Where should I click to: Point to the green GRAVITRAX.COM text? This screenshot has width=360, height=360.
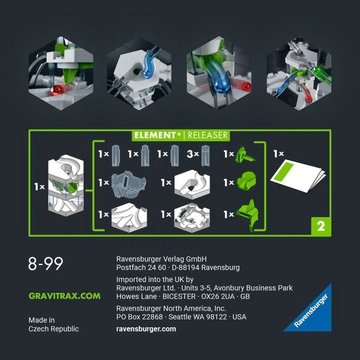point(64,296)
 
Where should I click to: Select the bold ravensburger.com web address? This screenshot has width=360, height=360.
point(146,329)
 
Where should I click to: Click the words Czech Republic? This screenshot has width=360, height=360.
point(53,329)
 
